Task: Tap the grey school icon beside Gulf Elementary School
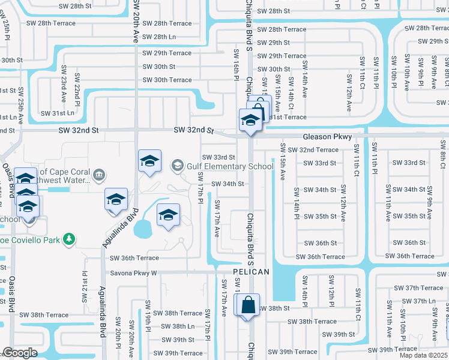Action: [x=178, y=164]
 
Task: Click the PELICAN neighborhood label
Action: [x=251, y=272]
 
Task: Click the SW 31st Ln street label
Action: [x=58, y=113]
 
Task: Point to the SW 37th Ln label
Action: [x=424, y=301]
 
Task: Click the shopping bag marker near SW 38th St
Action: [x=248, y=305]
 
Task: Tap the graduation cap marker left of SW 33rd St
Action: [x=149, y=161]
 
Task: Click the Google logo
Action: [x=20, y=353]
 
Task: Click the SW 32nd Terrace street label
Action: [x=319, y=150]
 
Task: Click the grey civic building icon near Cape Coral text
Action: [x=99, y=175]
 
